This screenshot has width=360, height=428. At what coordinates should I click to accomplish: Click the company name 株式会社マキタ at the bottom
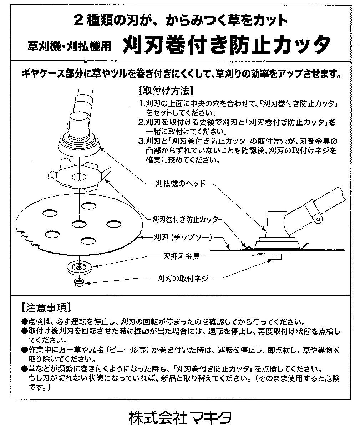(x=180, y=416)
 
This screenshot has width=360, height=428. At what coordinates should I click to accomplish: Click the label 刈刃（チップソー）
(x=182, y=237)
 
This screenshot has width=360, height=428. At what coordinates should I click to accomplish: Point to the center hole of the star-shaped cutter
(x=77, y=176)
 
